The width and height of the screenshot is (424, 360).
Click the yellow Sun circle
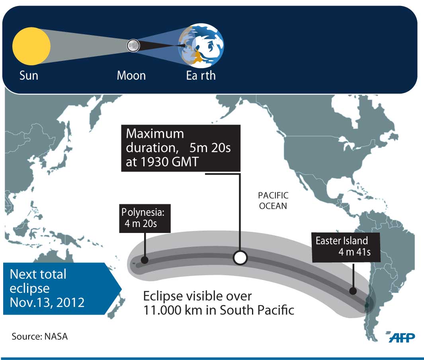click(x=31, y=46)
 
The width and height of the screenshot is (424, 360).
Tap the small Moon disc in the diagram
click(x=133, y=45)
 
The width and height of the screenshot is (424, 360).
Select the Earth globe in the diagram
click(x=201, y=46)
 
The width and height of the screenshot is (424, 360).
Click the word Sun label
click(x=29, y=75)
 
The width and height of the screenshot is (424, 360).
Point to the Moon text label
click(x=131, y=75)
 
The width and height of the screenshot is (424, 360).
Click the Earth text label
click(x=201, y=75)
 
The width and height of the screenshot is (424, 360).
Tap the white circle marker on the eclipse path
click(x=240, y=257)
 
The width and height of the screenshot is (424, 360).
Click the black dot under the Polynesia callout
click(x=145, y=260)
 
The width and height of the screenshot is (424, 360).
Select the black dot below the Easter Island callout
click(x=353, y=291)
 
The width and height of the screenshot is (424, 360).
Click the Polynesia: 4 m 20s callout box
click(x=145, y=218)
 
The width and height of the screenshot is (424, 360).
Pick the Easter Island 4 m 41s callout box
click(x=346, y=247)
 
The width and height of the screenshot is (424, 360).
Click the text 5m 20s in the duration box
click(x=210, y=148)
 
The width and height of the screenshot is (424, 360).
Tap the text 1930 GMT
click(x=170, y=162)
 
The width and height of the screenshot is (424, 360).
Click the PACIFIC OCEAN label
click(x=273, y=201)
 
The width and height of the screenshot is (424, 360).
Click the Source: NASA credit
click(x=39, y=337)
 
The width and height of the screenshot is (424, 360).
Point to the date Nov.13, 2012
click(x=47, y=302)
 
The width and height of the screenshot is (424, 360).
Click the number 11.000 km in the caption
click(x=173, y=310)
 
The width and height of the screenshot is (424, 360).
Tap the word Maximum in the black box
click(x=155, y=134)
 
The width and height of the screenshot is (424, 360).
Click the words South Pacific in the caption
click(x=257, y=310)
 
